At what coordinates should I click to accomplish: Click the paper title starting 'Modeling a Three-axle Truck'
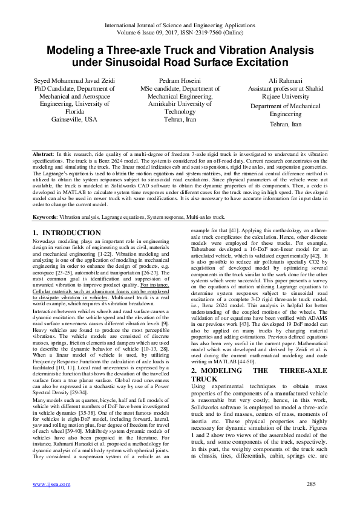[180, 51]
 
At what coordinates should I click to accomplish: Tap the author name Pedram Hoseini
[180, 80]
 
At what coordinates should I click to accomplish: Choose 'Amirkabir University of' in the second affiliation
[180, 103]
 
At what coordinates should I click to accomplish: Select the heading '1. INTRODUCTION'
[67, 233]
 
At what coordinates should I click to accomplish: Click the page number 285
[312, 484]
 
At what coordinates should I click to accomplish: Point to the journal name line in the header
[180, 25]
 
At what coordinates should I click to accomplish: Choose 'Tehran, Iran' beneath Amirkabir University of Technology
[180, 120]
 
